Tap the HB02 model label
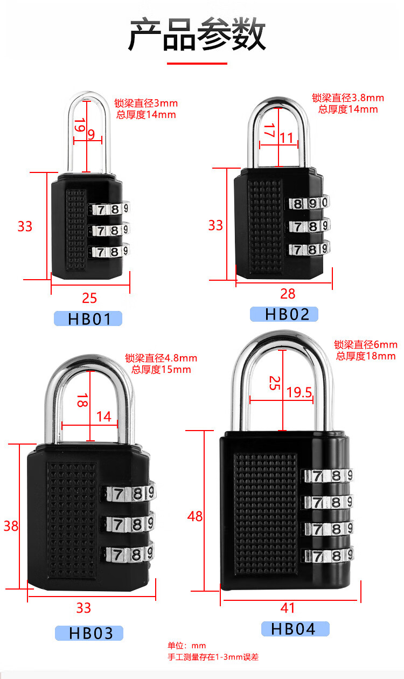pyautogui.click(x=284, y=314)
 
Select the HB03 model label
pyautogui.click(x=89, y=633)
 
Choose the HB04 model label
pyautogui.click(x=295, y=628)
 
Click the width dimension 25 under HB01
pyautogui.click(x=89, y=297)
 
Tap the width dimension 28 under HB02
pyautogui.click(x=288, y=294)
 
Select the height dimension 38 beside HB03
pyautogui.click(x=11, y=526)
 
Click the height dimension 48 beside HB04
pyautogui.click(x=195, y=516)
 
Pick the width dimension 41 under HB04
pyautogui.click(x=288, y=608)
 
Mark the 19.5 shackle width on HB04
pyautogui.click(x=299, y=392)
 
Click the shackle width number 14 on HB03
pyautogui.click(x=103, y=416)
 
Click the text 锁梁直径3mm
pyautogui.click(x=145, y=103)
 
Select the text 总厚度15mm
pyautogui.click(x=161, y=370)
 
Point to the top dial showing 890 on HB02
pyautogui.click(x=309, y=203)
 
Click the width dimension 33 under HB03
pyautogui.click(x=83, y=608)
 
